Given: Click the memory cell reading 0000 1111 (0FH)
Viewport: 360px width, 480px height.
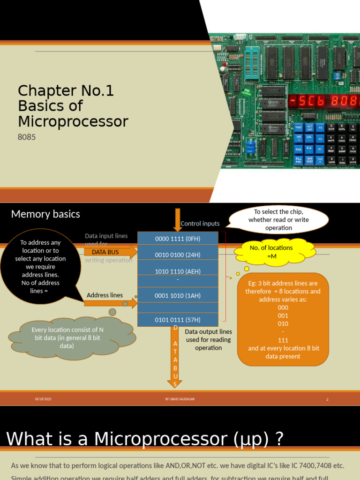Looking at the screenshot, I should point(178,239).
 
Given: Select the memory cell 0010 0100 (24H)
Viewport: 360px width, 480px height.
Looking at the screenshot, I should point(178,255).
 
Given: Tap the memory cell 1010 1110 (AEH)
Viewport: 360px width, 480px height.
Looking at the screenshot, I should point(178,271).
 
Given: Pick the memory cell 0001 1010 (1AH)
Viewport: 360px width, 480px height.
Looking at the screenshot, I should point(178,295).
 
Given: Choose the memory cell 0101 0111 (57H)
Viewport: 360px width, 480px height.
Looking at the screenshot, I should point(178,320).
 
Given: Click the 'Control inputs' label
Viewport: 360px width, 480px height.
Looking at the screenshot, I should point(200,224).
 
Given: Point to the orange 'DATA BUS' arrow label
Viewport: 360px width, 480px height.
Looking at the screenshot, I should point(105,252).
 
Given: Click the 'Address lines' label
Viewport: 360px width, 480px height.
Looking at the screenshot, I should point(105,295).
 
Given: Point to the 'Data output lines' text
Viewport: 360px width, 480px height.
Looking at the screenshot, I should point(208,339).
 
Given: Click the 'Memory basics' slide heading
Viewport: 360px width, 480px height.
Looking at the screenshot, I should point(45,214).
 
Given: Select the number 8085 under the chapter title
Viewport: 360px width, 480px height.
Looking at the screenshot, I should point(27,137).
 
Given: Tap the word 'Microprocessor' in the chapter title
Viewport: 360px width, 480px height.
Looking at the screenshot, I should point(73,121).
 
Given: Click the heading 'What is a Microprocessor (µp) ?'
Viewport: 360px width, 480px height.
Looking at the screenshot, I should point(145,439).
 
